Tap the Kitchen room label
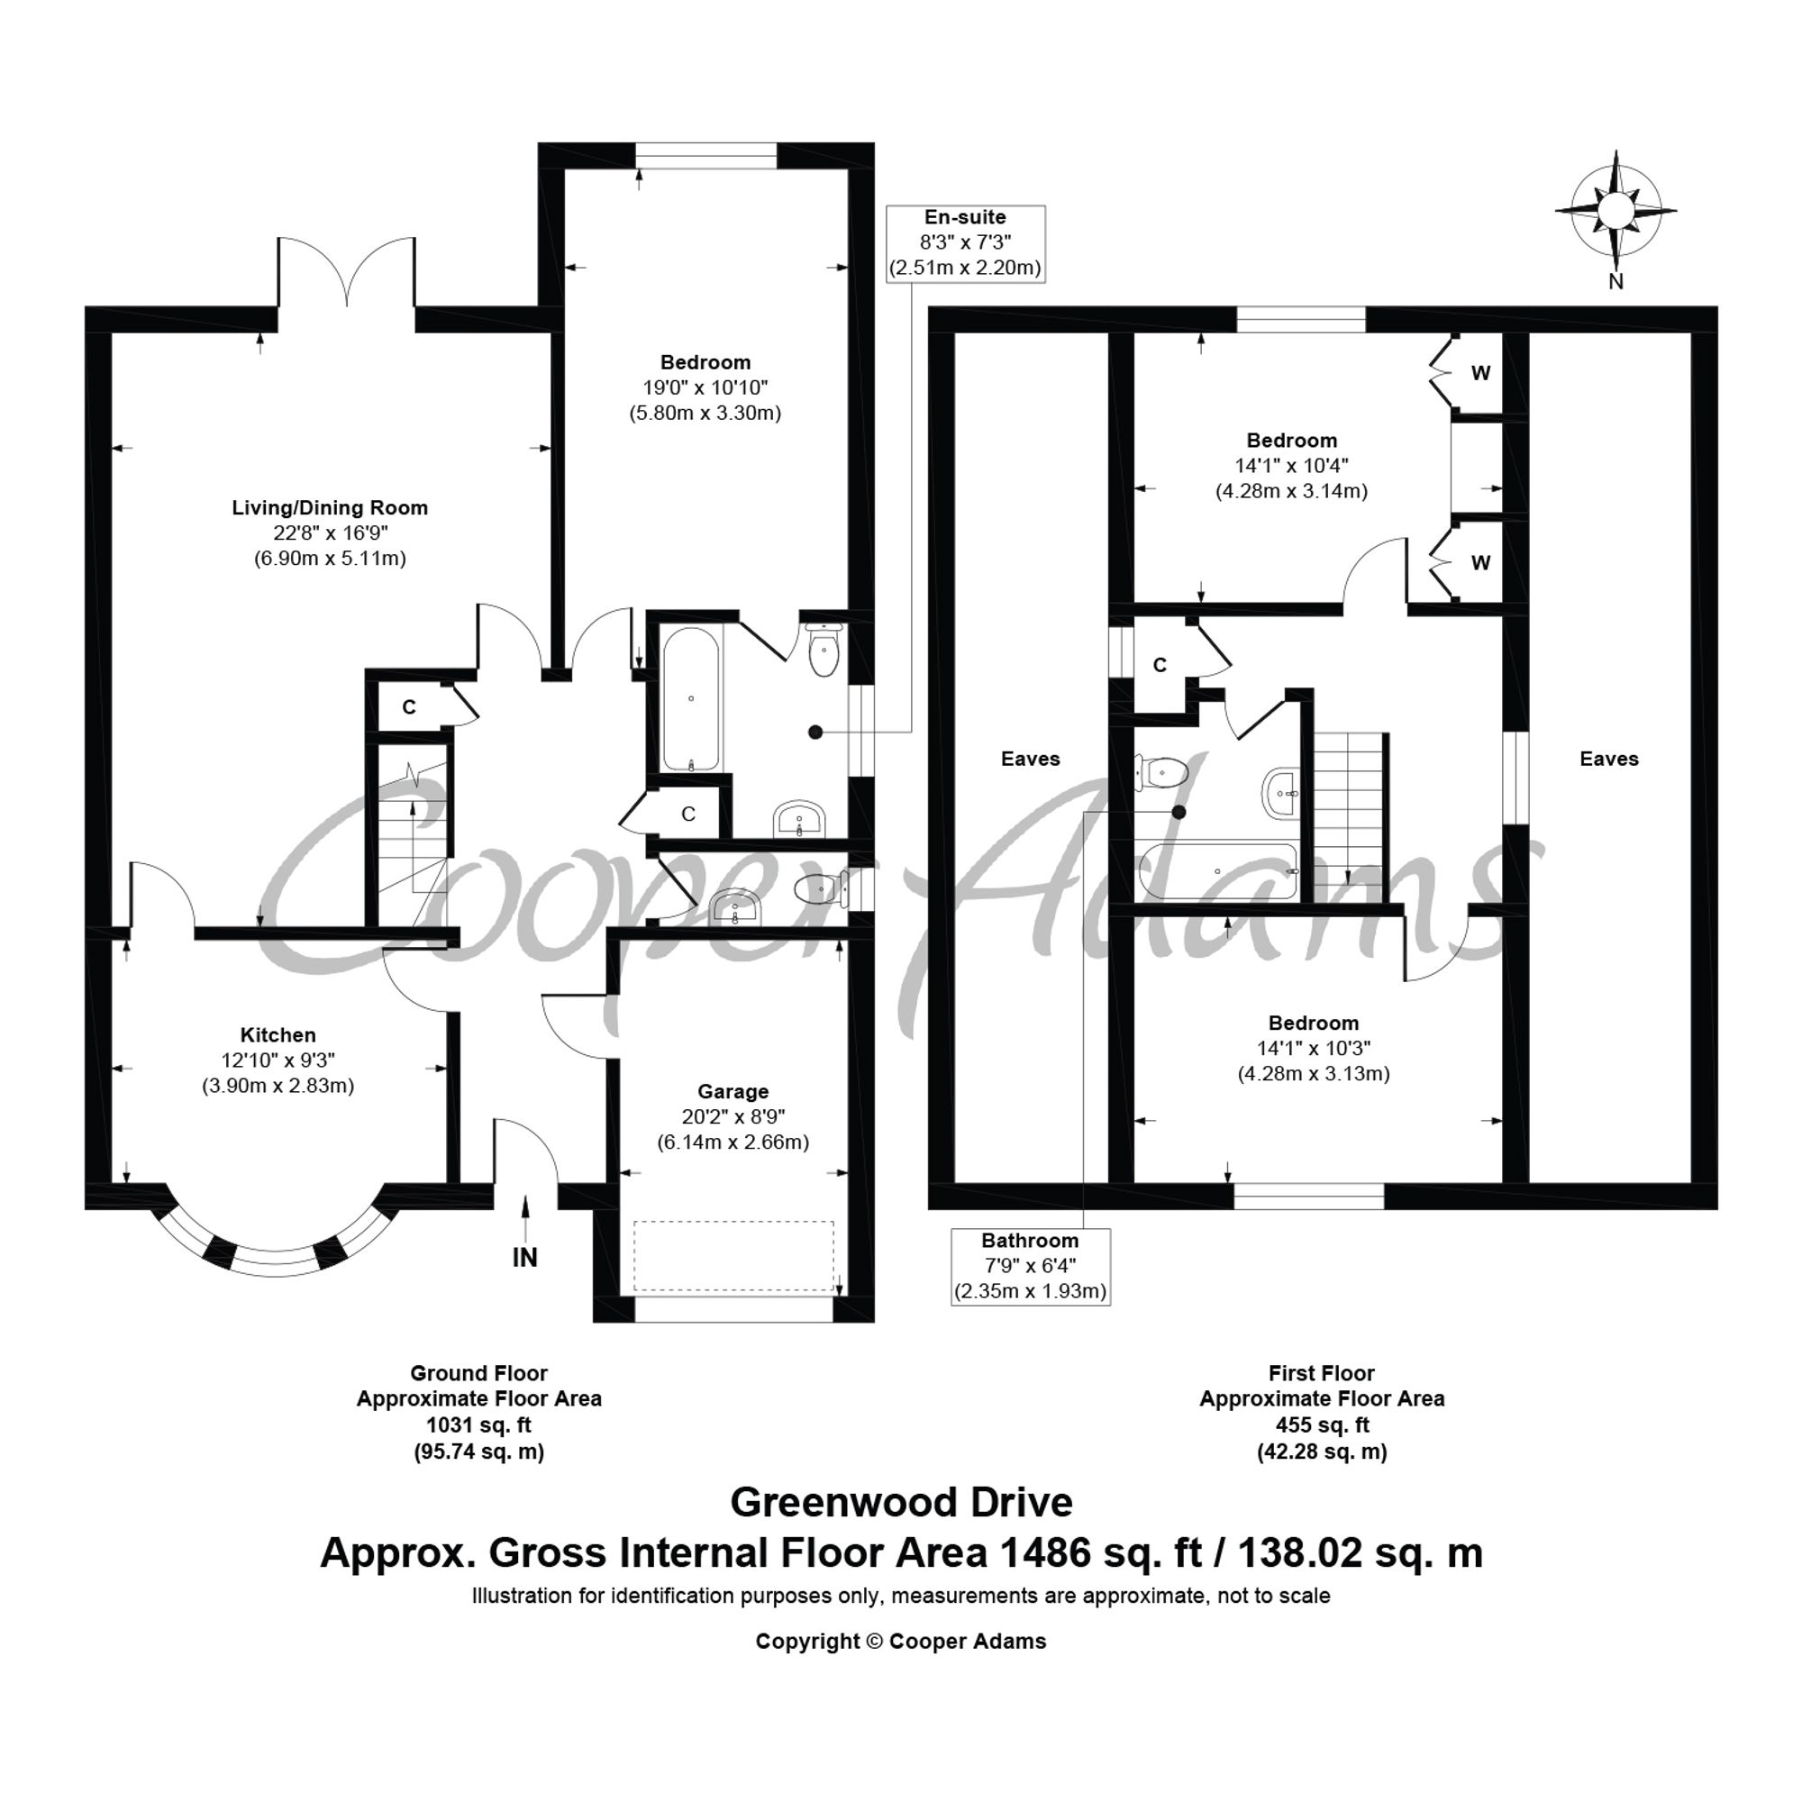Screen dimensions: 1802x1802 pos(278,1035)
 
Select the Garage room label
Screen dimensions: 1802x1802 pos(733,1091)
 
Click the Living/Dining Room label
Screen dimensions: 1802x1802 pos(330,508)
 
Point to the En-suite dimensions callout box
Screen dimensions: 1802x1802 pos(965,243)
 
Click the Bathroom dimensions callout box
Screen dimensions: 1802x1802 pos(1031,1267)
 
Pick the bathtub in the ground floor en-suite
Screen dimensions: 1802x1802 pos(691,698)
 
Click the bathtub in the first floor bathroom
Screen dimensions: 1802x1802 pos(1216,872)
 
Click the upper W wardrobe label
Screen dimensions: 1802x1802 pos(1481,374)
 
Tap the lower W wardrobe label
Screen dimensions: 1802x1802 pos(1481,563)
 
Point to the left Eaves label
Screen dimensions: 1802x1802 pos(1031,760)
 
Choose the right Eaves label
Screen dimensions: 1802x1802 pos(1609,760)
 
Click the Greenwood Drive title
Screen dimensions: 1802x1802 pos(901,1503)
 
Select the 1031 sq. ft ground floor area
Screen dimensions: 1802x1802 pos(479,1425)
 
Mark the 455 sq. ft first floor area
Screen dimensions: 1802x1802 pos(1322,1425)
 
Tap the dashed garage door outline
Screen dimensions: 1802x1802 pos(734,1256)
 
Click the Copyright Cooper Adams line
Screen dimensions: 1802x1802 pos(901,1642)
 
